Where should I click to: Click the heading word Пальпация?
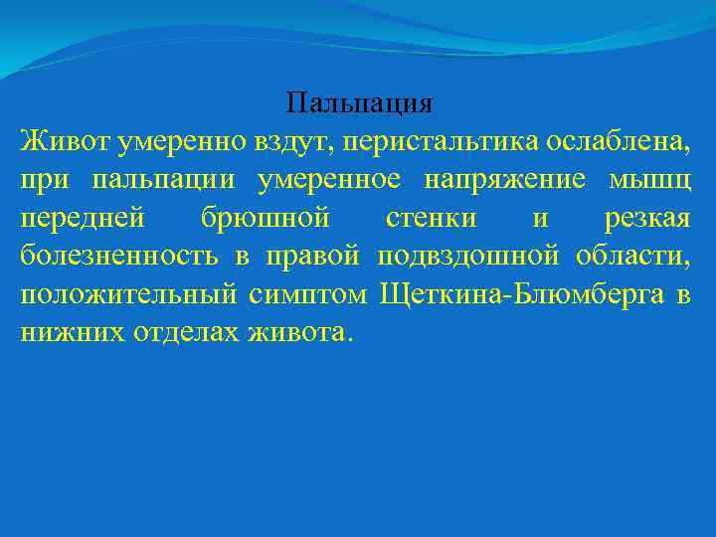coord(358,103)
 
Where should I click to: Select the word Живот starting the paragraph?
coord(64,141)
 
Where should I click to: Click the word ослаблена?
coord(617,141)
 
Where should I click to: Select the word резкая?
coord(647,218)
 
